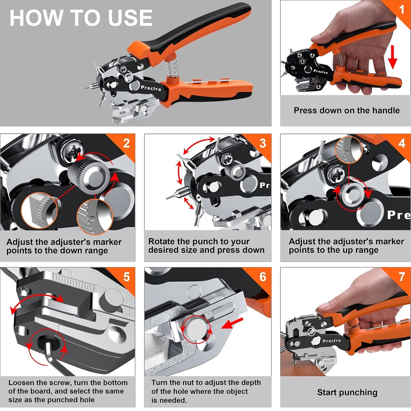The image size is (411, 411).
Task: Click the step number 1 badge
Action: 401,10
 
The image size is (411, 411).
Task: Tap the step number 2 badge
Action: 126,143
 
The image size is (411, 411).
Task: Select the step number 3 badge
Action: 263,143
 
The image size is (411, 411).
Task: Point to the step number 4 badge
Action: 402,143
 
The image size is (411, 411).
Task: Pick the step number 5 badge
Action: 126,277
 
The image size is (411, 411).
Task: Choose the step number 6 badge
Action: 263,277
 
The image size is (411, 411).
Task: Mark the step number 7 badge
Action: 402,277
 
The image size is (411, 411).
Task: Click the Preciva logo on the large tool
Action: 151,88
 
